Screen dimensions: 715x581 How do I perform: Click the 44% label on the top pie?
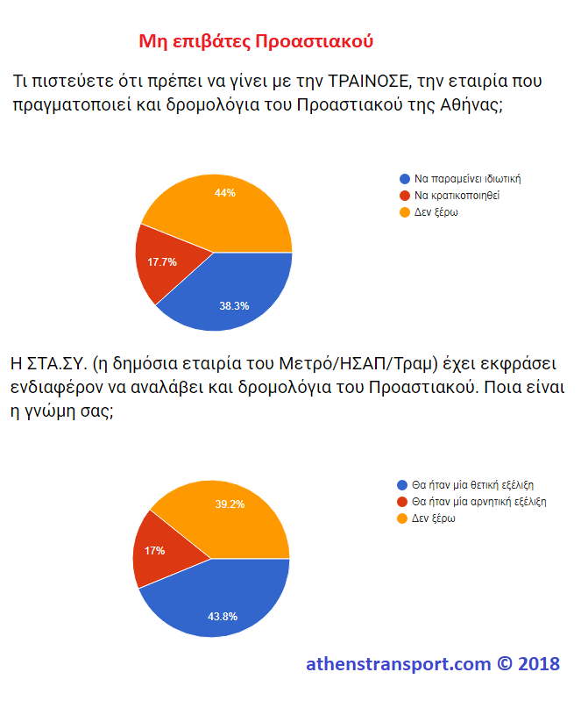pyautogui.click(x=225, y=192)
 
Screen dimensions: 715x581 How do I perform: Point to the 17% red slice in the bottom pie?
pyautogui.click(x=155, y=550)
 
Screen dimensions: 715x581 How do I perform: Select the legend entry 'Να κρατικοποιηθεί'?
pyautogui.click(x=457, y=195)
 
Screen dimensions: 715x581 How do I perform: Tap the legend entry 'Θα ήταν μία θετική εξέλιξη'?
pyautogui.click(x=474, y=484)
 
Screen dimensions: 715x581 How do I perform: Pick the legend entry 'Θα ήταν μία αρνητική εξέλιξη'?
pyautogui.click(x=480, y=502)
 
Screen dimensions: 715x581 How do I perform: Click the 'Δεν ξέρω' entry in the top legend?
pyautogui.click(x=436, y=211)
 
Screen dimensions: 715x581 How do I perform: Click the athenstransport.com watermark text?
pyautogui.click(x=399, y=664)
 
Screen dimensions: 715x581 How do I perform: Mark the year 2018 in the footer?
pyautogui.click(x=539, y=664)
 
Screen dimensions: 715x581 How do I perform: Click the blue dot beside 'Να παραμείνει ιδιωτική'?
pyautogui.click(x=404, y=178)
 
